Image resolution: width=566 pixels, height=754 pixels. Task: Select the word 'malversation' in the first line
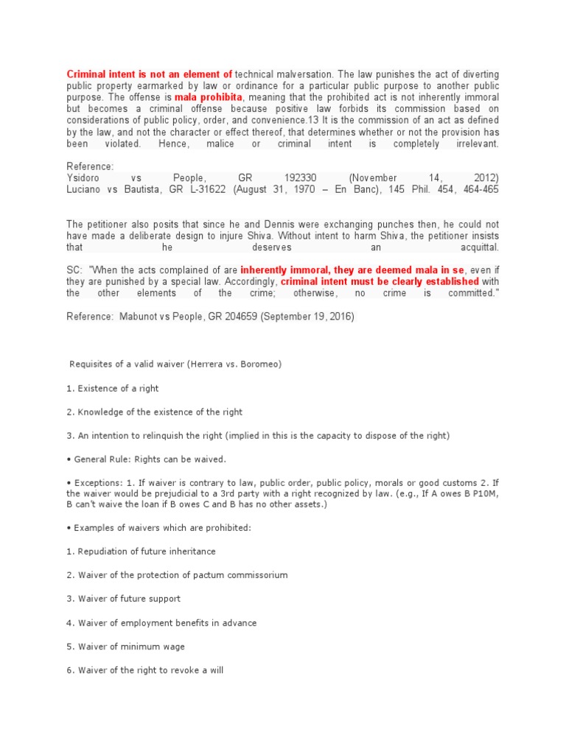(307, 74)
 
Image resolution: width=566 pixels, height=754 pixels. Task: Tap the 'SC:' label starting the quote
(76, 270)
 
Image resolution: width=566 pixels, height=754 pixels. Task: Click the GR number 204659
(263, 317)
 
